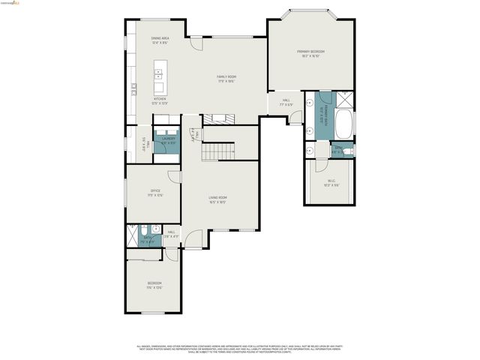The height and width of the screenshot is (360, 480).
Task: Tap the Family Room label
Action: [226, 78]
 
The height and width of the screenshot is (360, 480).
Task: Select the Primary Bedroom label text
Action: [310, 53]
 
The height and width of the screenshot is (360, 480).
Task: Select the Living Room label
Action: [217, 199]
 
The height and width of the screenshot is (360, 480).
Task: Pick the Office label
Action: [155, 193]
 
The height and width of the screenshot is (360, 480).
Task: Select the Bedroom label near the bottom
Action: [154, 284]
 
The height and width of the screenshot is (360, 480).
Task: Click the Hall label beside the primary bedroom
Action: [286, 102]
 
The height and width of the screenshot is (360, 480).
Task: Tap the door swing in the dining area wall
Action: [194, 43]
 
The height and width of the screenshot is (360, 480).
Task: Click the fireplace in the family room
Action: [219, 118]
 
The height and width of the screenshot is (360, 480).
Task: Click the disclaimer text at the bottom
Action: [239, 349]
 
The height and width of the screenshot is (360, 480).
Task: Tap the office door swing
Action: [175, 176]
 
